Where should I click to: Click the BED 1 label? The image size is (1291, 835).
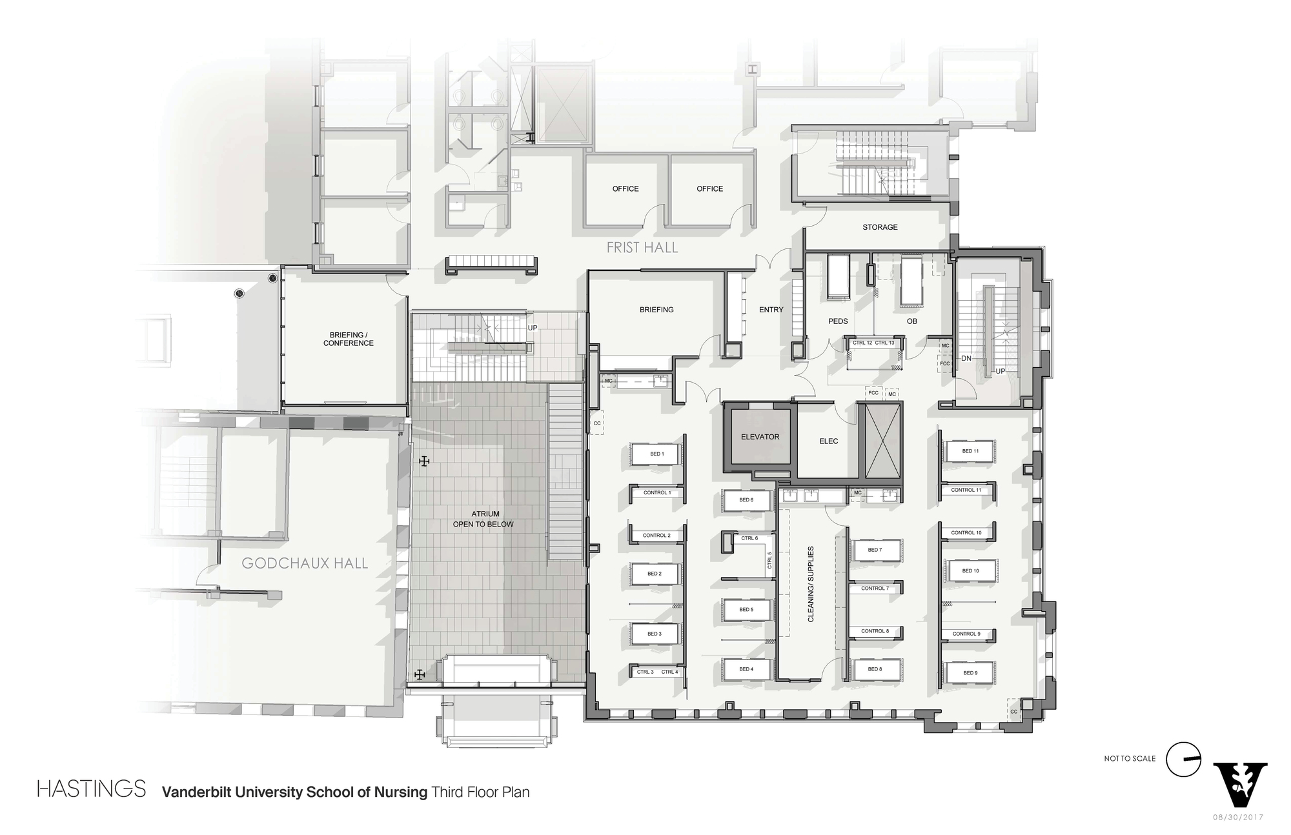[x=656, y=454]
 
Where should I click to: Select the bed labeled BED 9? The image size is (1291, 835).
[x=970, y=672]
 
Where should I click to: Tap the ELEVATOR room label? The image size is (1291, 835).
[x=760, y=437]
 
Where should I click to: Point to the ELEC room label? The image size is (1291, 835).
[x=828, y=441]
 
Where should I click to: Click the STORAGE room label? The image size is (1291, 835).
[x=880, y=227]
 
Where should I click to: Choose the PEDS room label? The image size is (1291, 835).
[x=838, y=321]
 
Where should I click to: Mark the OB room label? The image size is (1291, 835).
[x=911, y=321]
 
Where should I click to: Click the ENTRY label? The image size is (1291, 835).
[x=771, y=310]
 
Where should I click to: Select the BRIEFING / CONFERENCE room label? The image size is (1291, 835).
[x=348, y=339]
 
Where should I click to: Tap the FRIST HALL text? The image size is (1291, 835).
[x=642, y=247]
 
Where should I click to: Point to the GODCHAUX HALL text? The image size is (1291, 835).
[x=305, y=563]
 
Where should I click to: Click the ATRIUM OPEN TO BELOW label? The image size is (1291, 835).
[x=484, y=519]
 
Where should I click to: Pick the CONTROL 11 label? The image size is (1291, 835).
[x=966, y=490]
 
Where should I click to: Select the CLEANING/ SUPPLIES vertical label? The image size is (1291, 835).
[x=811, y=584]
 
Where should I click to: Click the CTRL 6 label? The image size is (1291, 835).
[x=749, y=538]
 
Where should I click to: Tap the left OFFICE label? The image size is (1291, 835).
[x=625, y=188]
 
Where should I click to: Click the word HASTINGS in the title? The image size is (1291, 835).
[x=92, y=789]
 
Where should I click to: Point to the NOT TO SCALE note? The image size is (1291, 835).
[x=1130, y=758]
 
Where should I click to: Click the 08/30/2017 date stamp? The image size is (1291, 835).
[x=1238, y=817]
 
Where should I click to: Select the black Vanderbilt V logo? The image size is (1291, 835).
[x=1240, y=783]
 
